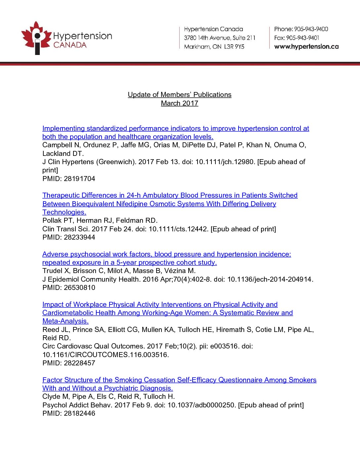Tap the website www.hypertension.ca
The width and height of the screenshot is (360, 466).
[x=306, y=47]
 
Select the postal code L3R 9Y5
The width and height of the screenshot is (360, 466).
[x=234, y=47]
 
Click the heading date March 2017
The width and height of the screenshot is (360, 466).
[x=179, y=103]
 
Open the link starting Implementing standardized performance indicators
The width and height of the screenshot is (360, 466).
[x=175, y=128]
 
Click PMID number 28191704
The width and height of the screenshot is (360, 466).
[x=79, y=179]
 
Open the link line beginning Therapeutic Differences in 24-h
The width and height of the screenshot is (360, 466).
[x=170, y=195]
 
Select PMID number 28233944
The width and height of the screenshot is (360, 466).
[x=79, y=237]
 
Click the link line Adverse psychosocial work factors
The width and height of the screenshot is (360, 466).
[x=166, y=254]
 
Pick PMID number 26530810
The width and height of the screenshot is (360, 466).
[x=79, y=288]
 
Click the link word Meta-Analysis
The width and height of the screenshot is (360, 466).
[x=65, y=321]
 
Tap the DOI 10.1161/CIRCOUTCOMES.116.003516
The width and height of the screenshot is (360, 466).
[x=106, y=355]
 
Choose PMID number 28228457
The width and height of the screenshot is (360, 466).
[x=79, y=363]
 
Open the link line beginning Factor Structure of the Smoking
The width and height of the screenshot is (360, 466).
[x=179, y=380]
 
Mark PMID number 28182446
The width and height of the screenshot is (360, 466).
[x=79, y=413]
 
